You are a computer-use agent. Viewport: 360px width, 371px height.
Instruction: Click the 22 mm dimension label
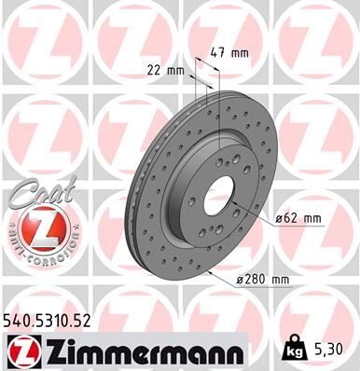coord(165,69)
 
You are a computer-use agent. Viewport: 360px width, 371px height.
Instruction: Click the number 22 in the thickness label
coord(155,69)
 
